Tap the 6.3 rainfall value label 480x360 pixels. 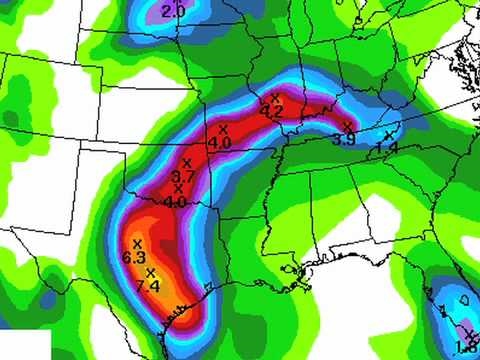[134, 258]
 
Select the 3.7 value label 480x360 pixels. [182, 177]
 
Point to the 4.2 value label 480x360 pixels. [272, 111]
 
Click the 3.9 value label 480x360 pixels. [343, 139]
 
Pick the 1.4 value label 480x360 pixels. [388, 147]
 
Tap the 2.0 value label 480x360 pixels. [173, 11]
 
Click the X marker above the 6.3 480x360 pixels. [136, 244]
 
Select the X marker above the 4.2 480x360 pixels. [275, 98]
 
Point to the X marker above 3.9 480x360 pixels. [347, 126]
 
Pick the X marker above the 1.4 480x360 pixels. [389, 134]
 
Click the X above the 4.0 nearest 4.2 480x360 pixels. [223, 129]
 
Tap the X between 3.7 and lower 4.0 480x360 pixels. [179, 189]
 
